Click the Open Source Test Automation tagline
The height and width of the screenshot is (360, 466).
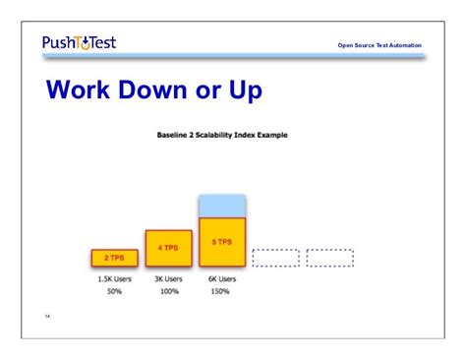379,45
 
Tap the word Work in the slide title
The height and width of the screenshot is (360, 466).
86,90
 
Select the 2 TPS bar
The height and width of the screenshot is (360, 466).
114,258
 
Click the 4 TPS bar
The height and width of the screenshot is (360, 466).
168,248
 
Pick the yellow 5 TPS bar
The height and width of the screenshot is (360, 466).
221,242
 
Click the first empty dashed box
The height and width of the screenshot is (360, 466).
275,258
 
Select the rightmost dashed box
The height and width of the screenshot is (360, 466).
329,258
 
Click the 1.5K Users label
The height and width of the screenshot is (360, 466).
114,279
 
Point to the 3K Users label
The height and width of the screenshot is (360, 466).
168,279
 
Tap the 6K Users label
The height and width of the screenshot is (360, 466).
221,279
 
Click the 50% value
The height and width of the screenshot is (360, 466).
114,293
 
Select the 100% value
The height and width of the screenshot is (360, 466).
168,293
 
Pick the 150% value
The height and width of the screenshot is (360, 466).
221,293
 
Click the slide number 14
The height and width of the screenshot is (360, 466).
47,317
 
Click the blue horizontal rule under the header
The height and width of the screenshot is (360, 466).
233,57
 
